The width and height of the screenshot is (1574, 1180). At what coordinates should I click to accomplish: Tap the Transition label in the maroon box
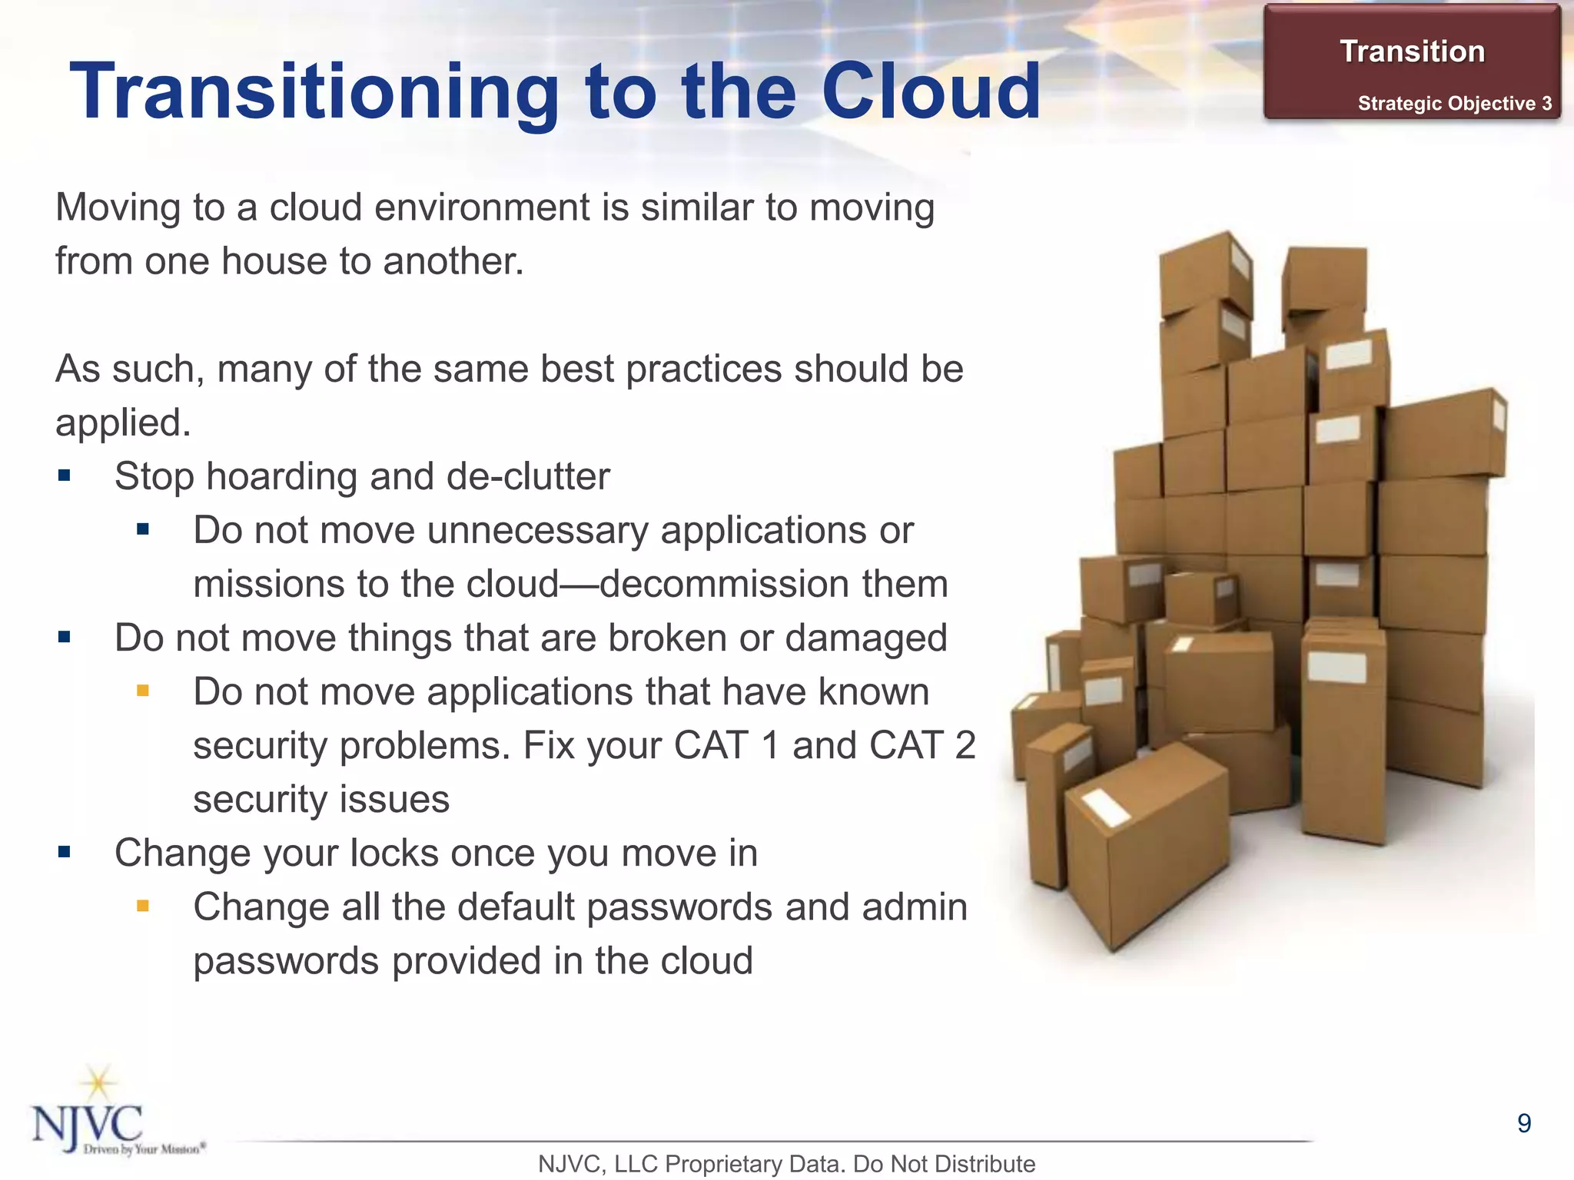[1412, 51]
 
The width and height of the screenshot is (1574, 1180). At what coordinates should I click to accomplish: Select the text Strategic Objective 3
[1454, 104]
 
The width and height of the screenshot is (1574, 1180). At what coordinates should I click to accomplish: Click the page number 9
[1524, 1123]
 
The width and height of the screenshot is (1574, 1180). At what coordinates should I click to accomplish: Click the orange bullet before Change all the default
[142, 907]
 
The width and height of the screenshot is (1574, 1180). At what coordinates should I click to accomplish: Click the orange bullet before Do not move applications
[142, 691]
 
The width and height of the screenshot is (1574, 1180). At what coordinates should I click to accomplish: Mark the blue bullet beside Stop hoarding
[65, 476]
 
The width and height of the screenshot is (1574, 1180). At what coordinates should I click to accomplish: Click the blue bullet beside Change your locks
[65, 852]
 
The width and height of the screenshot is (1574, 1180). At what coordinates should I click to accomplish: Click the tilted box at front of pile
[1145, 853]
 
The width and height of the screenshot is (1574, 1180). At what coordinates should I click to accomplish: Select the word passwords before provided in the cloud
[286, 960]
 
